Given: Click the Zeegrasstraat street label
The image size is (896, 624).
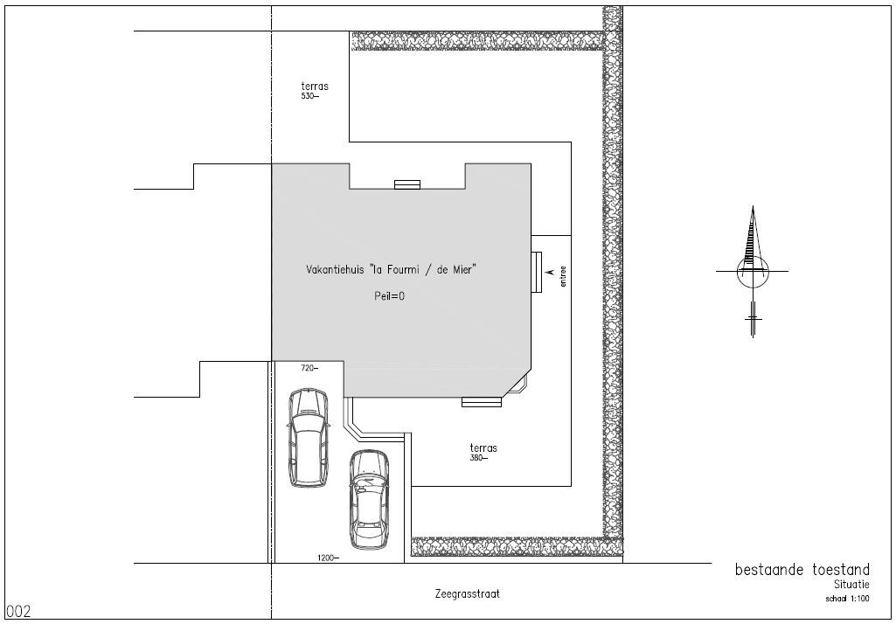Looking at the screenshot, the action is (x=467, y=593).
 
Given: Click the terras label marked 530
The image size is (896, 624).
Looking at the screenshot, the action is (x=315, y=87).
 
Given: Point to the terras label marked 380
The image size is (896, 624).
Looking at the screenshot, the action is (x=483, y=448).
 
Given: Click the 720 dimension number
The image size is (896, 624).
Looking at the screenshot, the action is (x=309, y=368).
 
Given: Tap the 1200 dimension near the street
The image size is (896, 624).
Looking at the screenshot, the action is (x=328, y=558).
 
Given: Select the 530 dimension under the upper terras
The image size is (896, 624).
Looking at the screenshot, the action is (x=309, y=96).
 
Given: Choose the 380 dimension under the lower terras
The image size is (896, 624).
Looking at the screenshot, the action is (x=479, y=458).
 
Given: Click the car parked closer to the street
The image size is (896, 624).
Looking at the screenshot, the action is (x=369, y=500).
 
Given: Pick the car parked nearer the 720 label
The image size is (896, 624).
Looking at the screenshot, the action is (x=309, y=438).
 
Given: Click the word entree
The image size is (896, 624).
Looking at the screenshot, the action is (x=564, y=275).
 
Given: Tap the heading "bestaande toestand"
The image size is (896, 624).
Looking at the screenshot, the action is (x=802, y=570).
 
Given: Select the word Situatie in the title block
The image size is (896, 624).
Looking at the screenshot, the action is (x=851, y=585).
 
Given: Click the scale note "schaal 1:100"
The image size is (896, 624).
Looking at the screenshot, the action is (x=847, y=599).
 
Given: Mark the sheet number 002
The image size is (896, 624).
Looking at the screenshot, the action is (x=19, y=612).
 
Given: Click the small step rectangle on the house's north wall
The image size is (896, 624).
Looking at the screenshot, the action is (x=407, y=184).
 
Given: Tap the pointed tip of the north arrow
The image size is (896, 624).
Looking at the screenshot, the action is (x=753, y=206).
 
